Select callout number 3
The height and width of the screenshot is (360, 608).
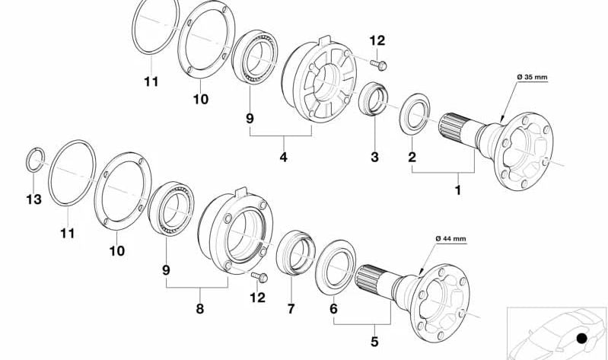tap(374, 158)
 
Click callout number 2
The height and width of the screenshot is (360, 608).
tap(412, 158)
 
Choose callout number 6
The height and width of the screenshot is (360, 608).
tap(333, 310)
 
